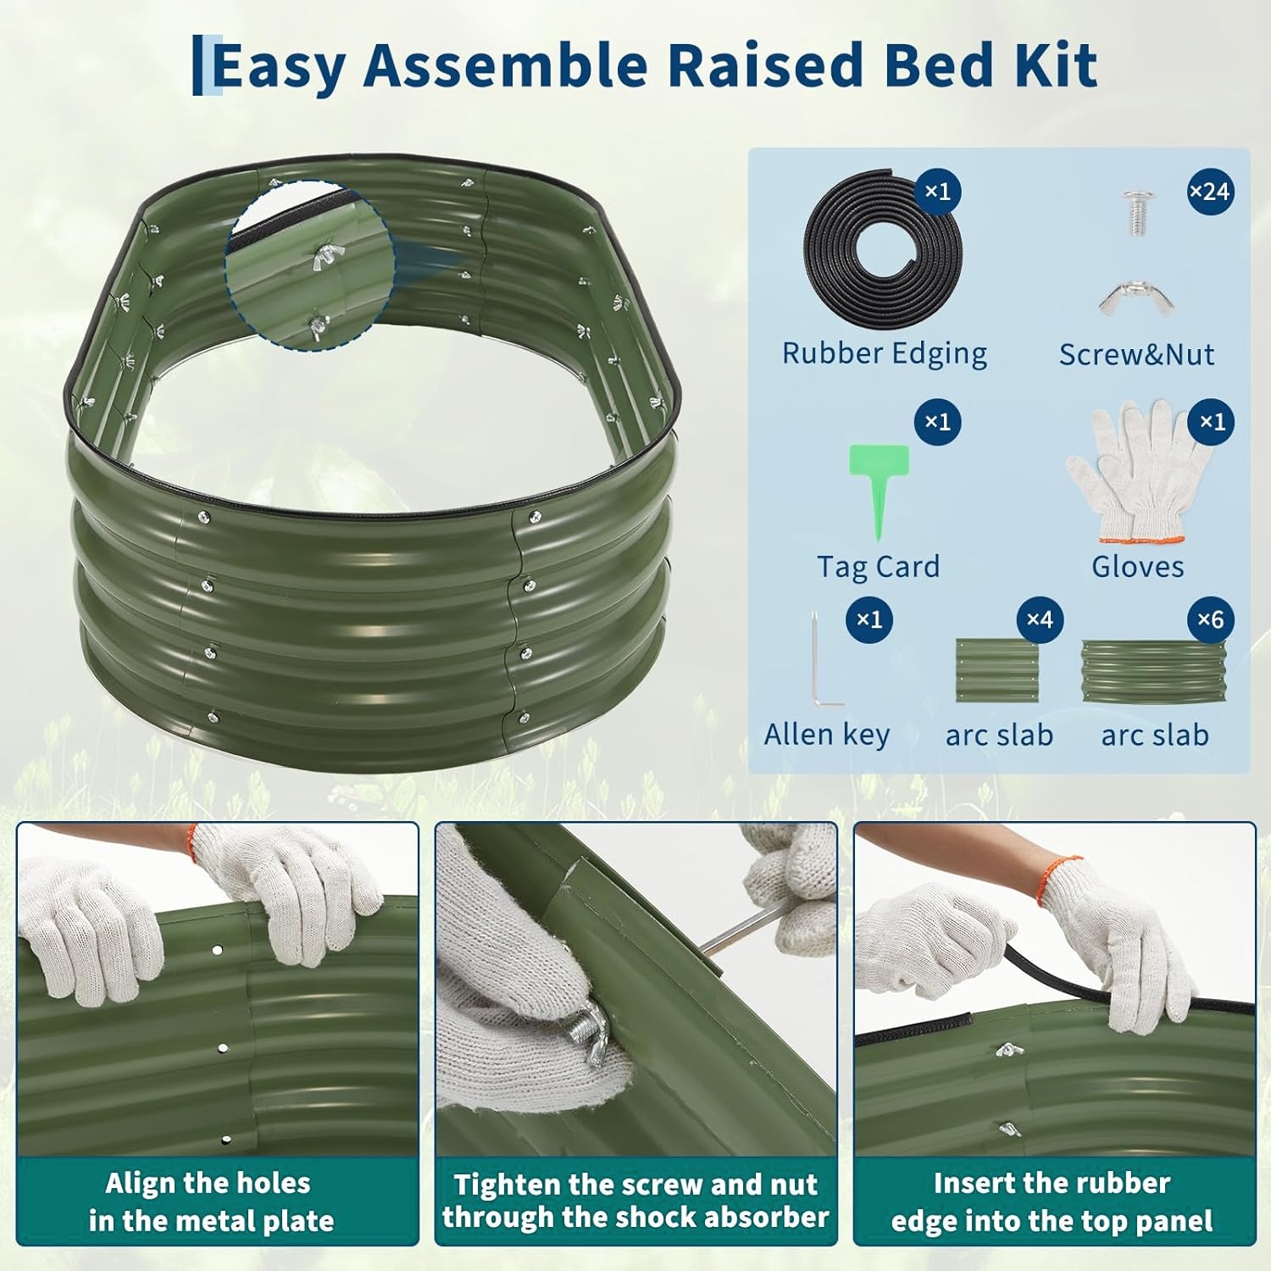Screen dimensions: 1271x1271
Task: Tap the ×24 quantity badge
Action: coord(1210,191)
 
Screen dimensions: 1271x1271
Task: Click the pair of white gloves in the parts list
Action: coord(1138,471)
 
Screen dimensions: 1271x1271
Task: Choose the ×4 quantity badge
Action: coord(1039,619)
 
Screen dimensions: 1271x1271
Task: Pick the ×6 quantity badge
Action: coord(1210,619)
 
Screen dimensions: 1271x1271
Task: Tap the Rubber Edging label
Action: coord(884,353)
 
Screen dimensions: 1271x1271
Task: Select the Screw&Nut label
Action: coord(1136,354)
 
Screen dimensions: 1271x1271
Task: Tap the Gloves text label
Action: coord(1137,566)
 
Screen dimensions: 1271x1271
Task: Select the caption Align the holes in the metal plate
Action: coord(211,1202)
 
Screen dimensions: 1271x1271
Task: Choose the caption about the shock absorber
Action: coord(635,1201)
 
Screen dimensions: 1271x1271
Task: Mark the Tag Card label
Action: coord(878,566)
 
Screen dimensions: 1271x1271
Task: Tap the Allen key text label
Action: coord(826,735)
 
